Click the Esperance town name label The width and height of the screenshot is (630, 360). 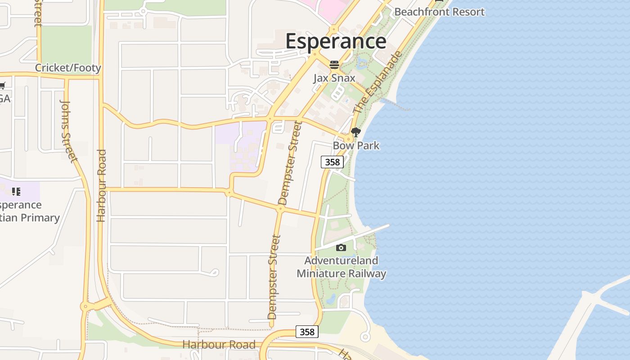[x=336, y=41]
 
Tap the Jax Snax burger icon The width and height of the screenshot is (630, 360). [x=334, y=65]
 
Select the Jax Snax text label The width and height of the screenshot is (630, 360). [x=334, y=78]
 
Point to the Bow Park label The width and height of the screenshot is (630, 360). [x=356, y=146]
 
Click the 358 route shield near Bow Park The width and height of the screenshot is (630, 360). [x=332, y=162]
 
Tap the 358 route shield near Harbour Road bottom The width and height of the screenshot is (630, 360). [x=307, y=332]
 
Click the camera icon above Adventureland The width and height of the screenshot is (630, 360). [x=341, y=247]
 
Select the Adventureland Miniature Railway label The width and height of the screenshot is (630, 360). [x=341, y=267]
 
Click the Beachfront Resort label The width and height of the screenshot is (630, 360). [x=439, y=12]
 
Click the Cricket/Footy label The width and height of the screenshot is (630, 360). [x=68, y=68]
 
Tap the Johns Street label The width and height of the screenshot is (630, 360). [x=68, y=130]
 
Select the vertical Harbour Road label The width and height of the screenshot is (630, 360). [x=101, y=185]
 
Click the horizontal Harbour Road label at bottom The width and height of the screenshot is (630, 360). [x=219, y=345]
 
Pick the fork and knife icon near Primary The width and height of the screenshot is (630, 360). [x=17, y=192]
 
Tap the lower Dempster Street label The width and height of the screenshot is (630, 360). [x=274, y=277]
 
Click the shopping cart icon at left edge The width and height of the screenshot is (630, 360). [x=2, y=85]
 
